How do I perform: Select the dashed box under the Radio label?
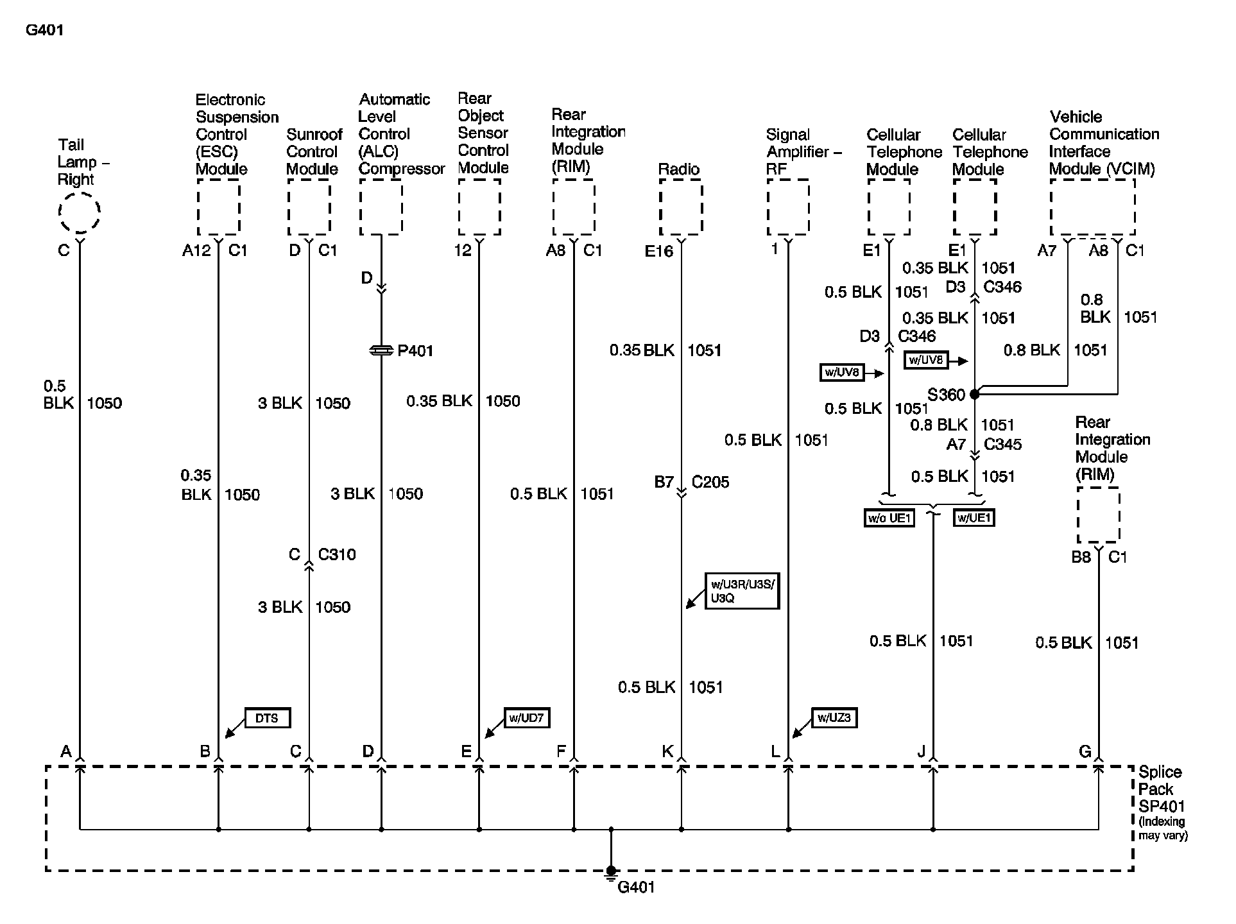coord(681,207)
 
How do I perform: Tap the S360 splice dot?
coord(974,394)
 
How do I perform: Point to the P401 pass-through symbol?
coord(381,350)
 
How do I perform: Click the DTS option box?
coord(267,718)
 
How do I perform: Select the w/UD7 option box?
coord(526,718)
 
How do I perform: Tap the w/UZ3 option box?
coord(834,718)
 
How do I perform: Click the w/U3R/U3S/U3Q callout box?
coord(741,591)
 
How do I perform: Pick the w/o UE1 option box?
coord(889,518)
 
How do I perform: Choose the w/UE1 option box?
coord(974,518)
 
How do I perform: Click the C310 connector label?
coord(337,554)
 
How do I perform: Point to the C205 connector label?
coord(710,482)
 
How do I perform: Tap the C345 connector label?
coord(1002,444)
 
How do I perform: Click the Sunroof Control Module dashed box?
coord(309,207)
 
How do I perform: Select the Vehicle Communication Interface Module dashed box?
coord(1092,207)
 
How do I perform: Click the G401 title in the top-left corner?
coord(44,30)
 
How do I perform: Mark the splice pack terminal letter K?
coord(668,751)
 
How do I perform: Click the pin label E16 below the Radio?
coord(659,251)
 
